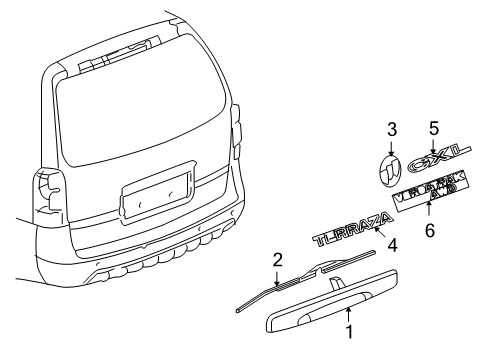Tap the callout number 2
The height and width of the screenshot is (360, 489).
click(x=277, y=260)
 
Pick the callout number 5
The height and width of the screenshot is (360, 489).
click(x=434, y=128)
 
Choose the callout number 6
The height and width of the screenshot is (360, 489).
click(x=430, y=230)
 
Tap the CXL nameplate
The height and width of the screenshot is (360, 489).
click(x=435, y=161)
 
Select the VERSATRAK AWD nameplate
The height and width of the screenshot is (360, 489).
click(x=431, y=194)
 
